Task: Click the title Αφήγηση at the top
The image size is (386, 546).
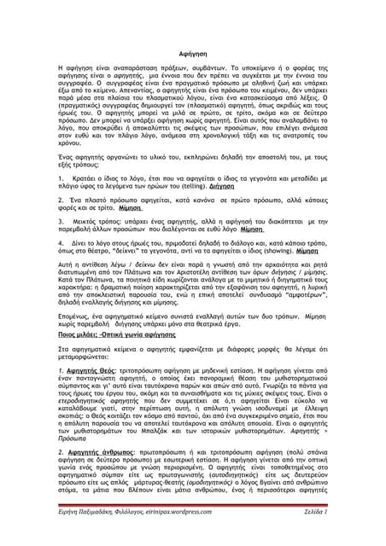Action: [x=193, y=52]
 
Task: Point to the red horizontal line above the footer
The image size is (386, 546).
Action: [x=193, y=523]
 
